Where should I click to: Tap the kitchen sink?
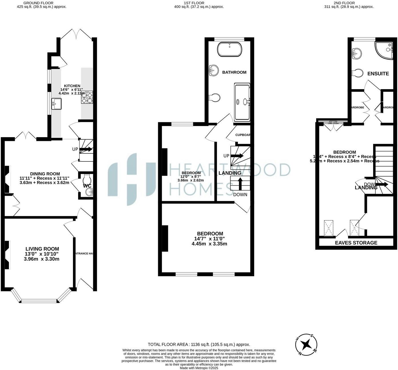tap(56, 104)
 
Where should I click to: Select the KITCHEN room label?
tap(72, 86)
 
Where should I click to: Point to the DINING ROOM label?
tap(45, 174)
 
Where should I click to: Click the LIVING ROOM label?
tap(42, 249)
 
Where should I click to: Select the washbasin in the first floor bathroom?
tap(213, 70)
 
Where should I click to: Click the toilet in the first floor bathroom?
tap(214, 98)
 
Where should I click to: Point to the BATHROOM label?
tap(234, 72)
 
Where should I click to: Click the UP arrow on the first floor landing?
tap(237, 156)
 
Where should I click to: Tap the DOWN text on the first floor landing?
tap(240, 195)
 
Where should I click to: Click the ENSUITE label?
tap(378, 74)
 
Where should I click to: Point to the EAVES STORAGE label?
tap(356, 243)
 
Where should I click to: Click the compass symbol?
tap(306, 344)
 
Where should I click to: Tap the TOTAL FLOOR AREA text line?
tap(199, 345)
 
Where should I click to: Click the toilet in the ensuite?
tap(357, 73)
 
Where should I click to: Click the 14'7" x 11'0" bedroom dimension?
tap(209, 239)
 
